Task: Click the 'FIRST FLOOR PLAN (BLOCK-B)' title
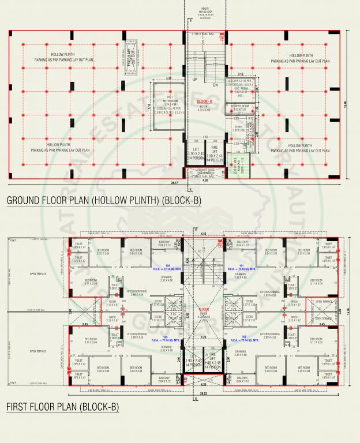pos(62,407)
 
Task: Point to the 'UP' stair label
pos(194,79)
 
